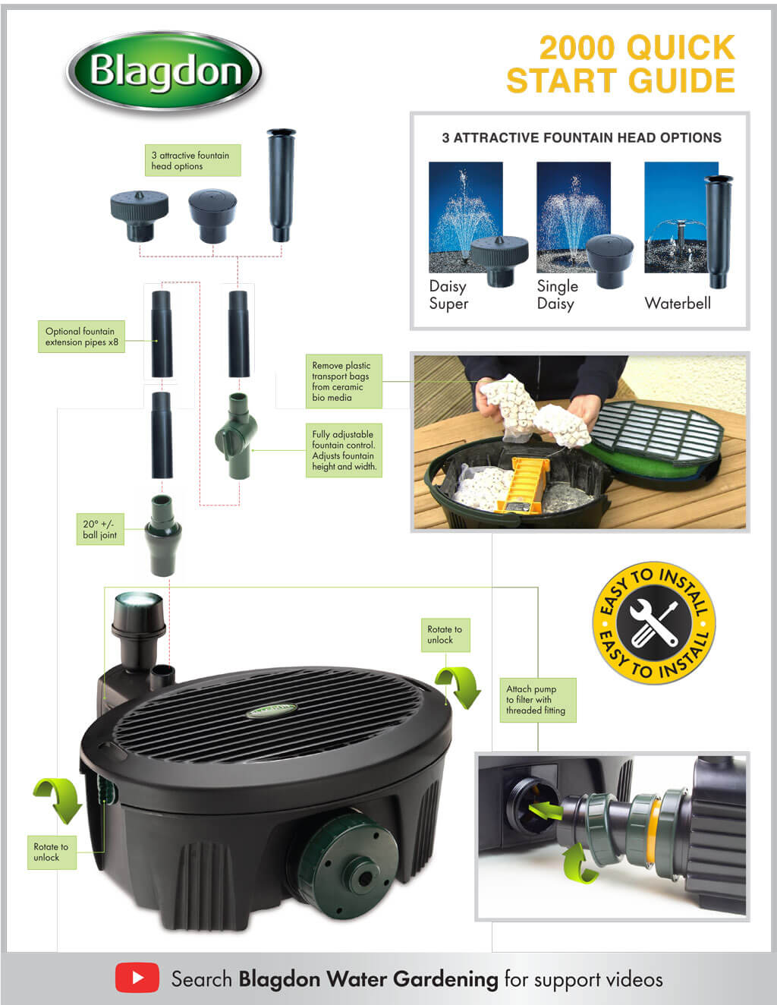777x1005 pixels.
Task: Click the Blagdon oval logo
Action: coord(164,72)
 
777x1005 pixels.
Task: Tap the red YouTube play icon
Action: coord(137,978)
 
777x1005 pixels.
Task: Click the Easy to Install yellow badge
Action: coord(653,623)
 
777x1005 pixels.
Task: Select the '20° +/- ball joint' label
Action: coord(99,529)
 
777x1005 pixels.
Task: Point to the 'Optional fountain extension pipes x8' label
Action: coord(81,337)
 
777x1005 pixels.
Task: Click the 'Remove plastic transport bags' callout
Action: coord(343,381)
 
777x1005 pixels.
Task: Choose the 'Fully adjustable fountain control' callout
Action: coord(344,450)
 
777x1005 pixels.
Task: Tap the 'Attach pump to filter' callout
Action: coord(536,700)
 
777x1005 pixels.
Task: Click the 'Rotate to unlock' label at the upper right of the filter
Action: coord(445,635)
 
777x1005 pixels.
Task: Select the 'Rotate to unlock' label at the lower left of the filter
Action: coord(51,852)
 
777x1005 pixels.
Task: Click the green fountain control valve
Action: coord(236,436)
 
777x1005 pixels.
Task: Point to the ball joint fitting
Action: coord(162,533)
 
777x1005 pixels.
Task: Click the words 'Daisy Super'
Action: coord(448,295)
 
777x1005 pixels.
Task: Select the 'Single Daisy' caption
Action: coord(557,295)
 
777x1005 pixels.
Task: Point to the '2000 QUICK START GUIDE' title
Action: coord(621,64)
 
